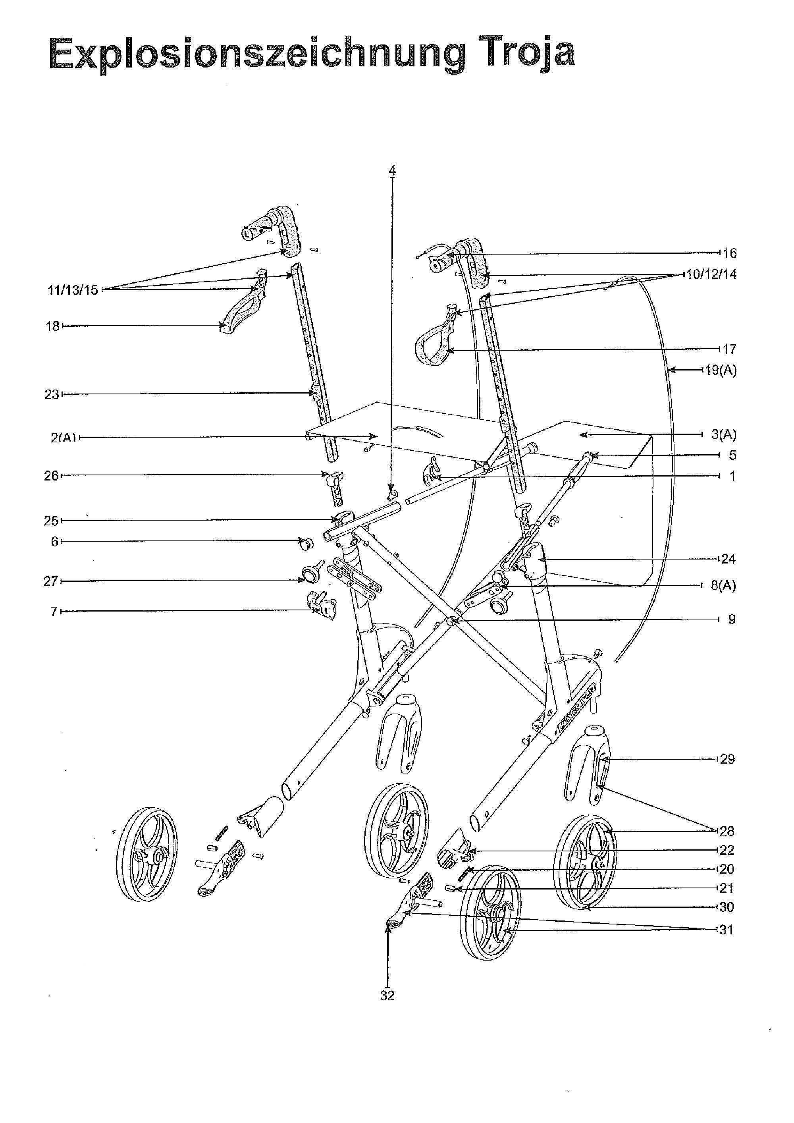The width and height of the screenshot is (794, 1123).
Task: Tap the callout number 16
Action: [729, 253]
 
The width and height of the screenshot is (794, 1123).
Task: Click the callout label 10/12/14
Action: [711, 274]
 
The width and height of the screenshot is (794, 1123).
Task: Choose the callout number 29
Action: [728, 759]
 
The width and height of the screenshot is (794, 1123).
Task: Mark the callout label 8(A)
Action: [723, 585]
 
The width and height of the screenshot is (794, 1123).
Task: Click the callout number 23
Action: [51, 394]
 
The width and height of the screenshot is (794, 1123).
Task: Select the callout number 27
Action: [51, 581]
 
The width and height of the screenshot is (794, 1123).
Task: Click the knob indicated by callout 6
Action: [307, 542]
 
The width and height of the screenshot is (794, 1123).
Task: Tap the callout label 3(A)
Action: [724, 434]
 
